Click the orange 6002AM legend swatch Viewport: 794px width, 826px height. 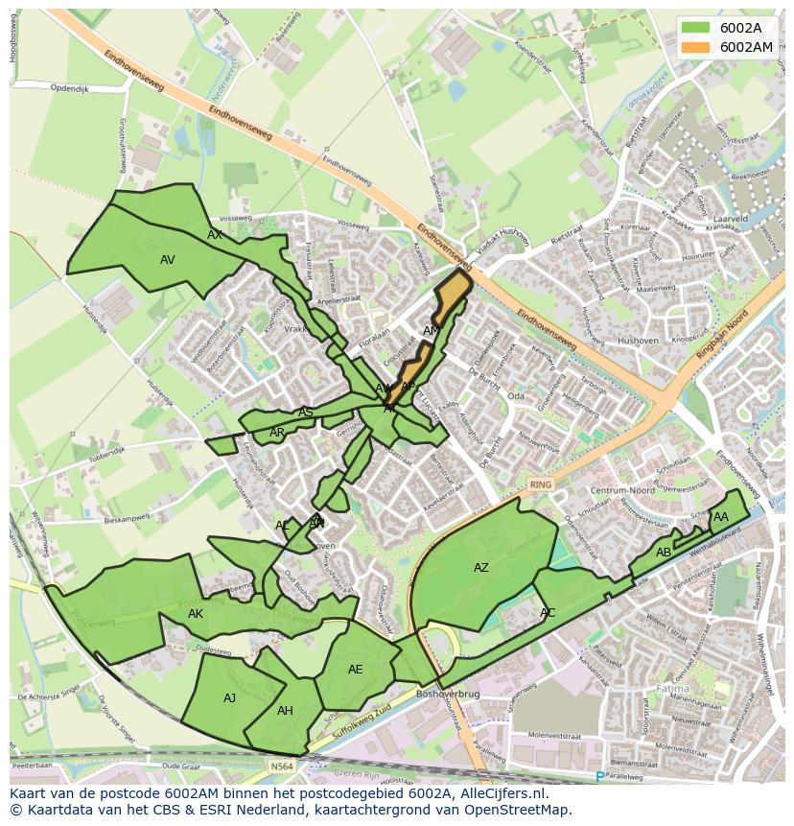point(697,46)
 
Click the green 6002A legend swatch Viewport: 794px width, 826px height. point(697,28)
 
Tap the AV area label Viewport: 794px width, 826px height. point(168,260)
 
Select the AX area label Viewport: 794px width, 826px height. point(215,235)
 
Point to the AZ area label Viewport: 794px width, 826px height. point(481,568)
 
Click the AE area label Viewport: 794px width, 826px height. point(356,670)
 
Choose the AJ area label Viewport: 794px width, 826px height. point(229,698)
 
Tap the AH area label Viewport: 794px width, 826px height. point(285,711)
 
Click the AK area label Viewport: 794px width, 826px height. point(196,614)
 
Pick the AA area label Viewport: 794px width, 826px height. point(721,517)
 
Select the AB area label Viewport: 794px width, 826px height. point(664,553)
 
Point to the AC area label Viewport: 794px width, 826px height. point(548,613)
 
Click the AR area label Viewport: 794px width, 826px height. point(277,433)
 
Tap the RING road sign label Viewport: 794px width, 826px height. point(541,484)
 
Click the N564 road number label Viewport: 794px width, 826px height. point(281,766)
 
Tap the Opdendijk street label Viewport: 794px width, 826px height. point(69,88)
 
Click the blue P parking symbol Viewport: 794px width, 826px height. point(600,776)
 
